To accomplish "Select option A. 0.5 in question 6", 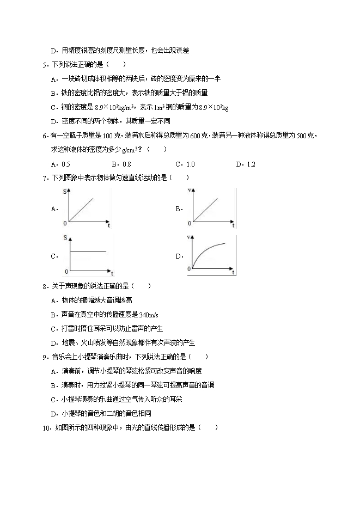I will coord(60,164).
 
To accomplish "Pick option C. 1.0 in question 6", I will coord(185,164).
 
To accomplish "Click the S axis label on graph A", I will coord(65,191).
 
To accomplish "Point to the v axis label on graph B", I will coord(188,191).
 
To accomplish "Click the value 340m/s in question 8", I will coord(149,315).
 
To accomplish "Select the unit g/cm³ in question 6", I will coord(130,150).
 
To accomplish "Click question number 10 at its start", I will coord(46,427).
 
